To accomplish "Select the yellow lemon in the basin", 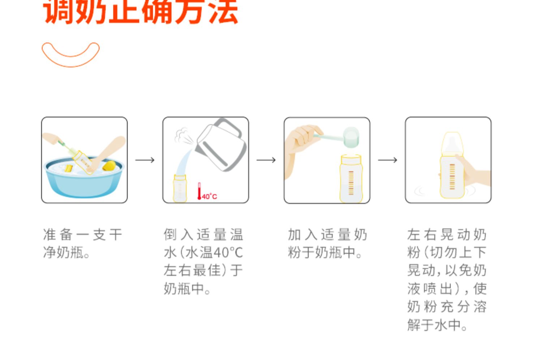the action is [x=109, y=166].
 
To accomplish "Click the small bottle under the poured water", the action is [x=180, y=188].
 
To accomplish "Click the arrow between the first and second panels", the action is [x=145, y=160].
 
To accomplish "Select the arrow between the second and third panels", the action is [x=266, y=160].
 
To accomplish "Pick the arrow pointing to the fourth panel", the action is [x=388, y=160].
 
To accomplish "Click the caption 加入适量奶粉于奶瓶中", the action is [x=327, y=243].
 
